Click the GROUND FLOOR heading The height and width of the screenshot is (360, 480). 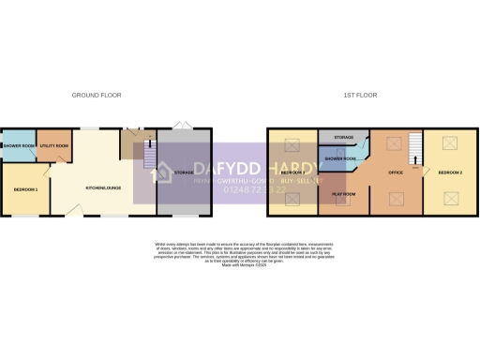tap(95, 95)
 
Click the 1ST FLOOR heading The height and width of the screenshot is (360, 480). tap(360, 95)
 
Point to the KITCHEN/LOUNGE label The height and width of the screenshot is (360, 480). tap(102, 188)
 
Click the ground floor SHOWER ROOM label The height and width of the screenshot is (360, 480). tap(19, 146)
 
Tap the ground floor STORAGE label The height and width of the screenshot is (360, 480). tap(184, 172)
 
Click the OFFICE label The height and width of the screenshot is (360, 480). tap(397, 172)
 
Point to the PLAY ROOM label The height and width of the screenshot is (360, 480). tap(344, 194)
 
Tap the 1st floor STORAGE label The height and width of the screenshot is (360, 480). tap(344, 138)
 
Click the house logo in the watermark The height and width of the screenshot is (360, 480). tap(160, 172)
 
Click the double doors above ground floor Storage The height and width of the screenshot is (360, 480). tap(184, 125)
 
